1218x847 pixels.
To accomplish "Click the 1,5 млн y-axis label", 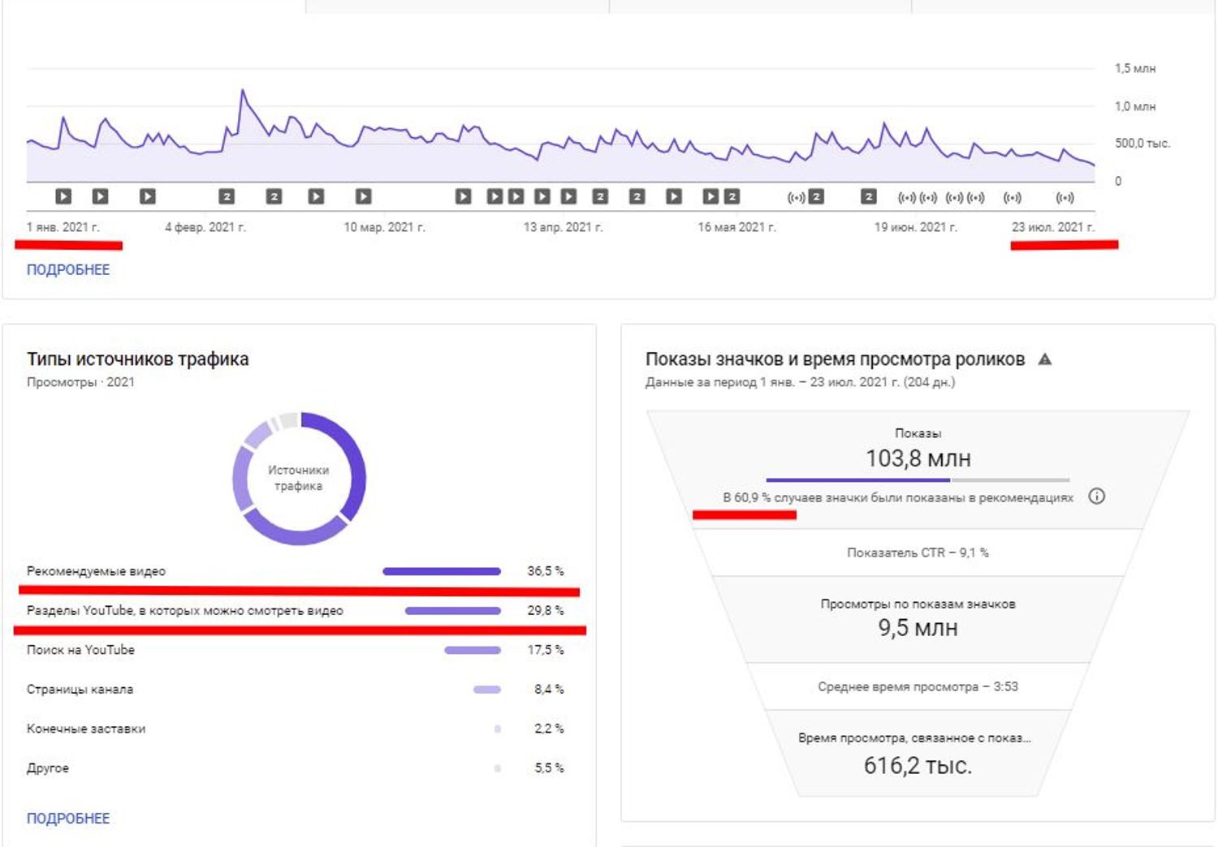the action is pyautogui.click(x=1135, y=68).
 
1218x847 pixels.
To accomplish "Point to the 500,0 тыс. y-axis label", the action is pyautogui.click(x=1142, y=144).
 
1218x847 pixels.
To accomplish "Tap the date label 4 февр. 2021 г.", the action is pyautogui.click(x=205, y=227).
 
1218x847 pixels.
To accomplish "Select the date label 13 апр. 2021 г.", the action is pyautogui.click(x=563, y=227).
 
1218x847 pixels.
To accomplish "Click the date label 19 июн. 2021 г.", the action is pyautogui.click(x=916, y=227).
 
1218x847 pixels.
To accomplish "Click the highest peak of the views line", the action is pyautogui.click(x=243, y=89).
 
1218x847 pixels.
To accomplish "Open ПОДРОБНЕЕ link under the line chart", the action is pyautogui.click(x=68, y=269).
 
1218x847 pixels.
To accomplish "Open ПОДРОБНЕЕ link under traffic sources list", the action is pyautogui.click(x=68, y=819).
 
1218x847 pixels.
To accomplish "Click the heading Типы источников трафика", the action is pyautogui.click(x=137, y=359).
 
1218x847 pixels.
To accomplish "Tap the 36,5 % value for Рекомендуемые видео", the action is pyautogui.click(x=546, y=571).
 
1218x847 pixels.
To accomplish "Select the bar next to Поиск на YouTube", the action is pyautogui.click(x=473, y=651).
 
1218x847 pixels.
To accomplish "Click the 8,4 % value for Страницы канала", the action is pyautogui.click(x=549, y=690).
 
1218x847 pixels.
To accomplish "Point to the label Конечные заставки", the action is pyautogui.click(x=86, y=729).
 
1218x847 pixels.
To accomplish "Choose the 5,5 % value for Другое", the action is pyautogui.click(x=549, y=768).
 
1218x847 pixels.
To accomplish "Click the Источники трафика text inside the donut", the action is pyautogui.click(x=299, y=478).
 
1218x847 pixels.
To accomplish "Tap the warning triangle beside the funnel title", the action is pyautogui.click(x=1044, y=359).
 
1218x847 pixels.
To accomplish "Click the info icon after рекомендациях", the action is pyautogui.click(x=1096, y=496).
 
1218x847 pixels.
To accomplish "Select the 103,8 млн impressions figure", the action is pyautogui.click(x=918, y=458).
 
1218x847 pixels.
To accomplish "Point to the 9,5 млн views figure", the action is pyautogui.click(x=918, y=628).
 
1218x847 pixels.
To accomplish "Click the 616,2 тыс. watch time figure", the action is pyautogui.click(x=918, y=766).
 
